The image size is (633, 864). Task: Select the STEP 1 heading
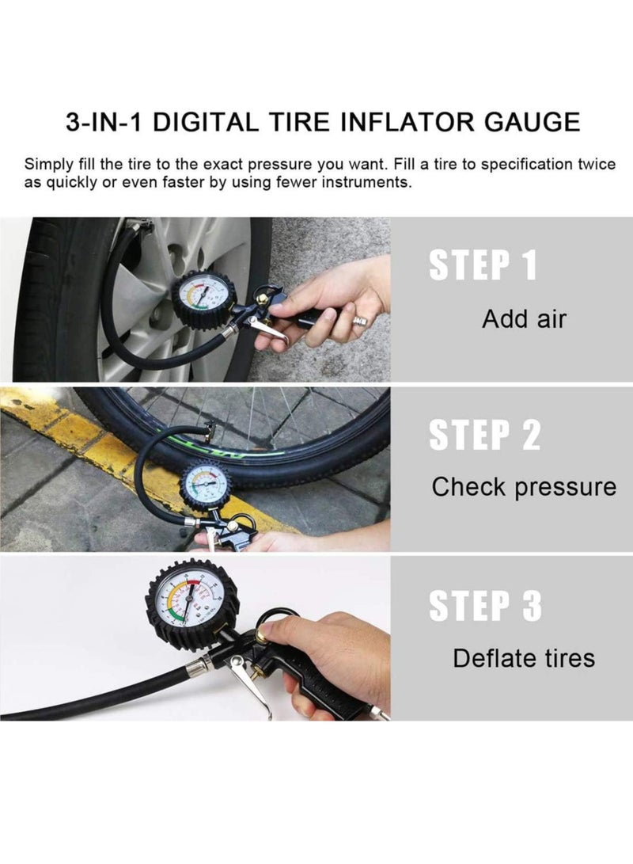click(483, 266)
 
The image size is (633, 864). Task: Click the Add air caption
click(524, 319)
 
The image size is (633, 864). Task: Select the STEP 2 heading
click(484, 436)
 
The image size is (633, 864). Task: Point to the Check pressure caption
click(523, 487)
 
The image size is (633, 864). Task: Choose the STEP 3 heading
click(485, 606)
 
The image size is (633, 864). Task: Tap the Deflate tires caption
click(523, 657)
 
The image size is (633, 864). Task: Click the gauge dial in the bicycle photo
click(205, 485)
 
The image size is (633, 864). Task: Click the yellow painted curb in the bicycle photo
click(71, 428)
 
